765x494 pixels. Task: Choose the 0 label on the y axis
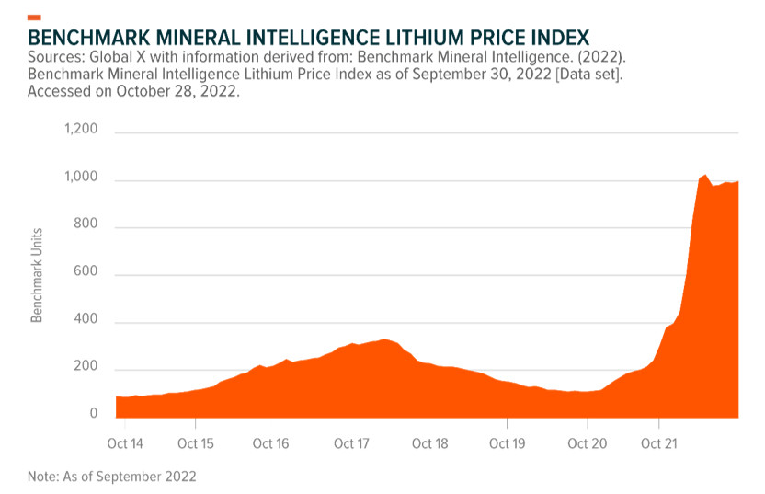(x=93, y=414)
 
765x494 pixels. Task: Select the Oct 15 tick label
(x=195, y=443)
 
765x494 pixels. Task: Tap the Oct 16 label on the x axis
(x=270, y=443)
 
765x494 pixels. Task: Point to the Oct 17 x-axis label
(x=351, y=443)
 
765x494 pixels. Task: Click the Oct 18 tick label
(x=429, y=443)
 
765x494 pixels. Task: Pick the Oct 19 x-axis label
(x=507, y=443)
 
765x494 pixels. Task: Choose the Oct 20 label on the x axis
(x=588, y=443)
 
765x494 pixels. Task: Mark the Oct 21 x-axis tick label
(x=658, y=443)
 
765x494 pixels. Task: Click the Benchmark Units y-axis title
(x=38, y=273)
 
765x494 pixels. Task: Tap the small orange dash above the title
(x=34, y=17)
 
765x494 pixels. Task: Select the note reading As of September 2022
(x=112, y=477)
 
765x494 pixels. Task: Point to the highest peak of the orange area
(x=703, y=175)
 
